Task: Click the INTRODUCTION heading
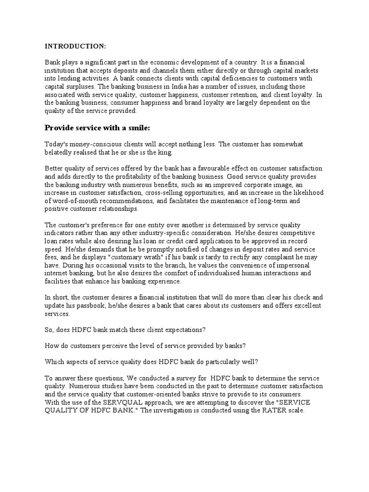(75, 46)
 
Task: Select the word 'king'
(171, 152)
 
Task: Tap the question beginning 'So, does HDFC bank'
(124, 331)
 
